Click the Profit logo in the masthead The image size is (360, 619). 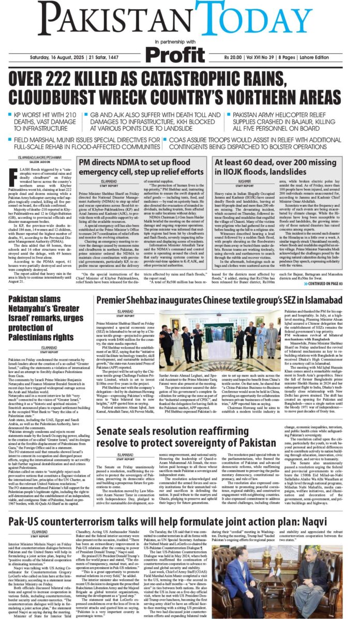pos(179,53)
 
